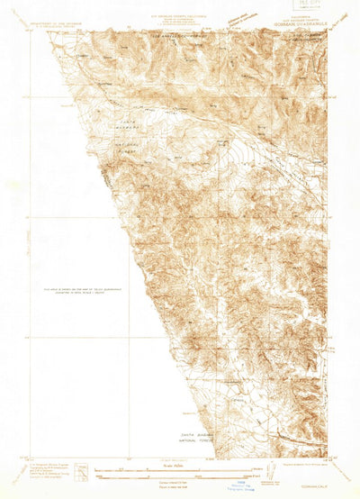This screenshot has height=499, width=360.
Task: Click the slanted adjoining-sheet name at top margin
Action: [239, 17]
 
